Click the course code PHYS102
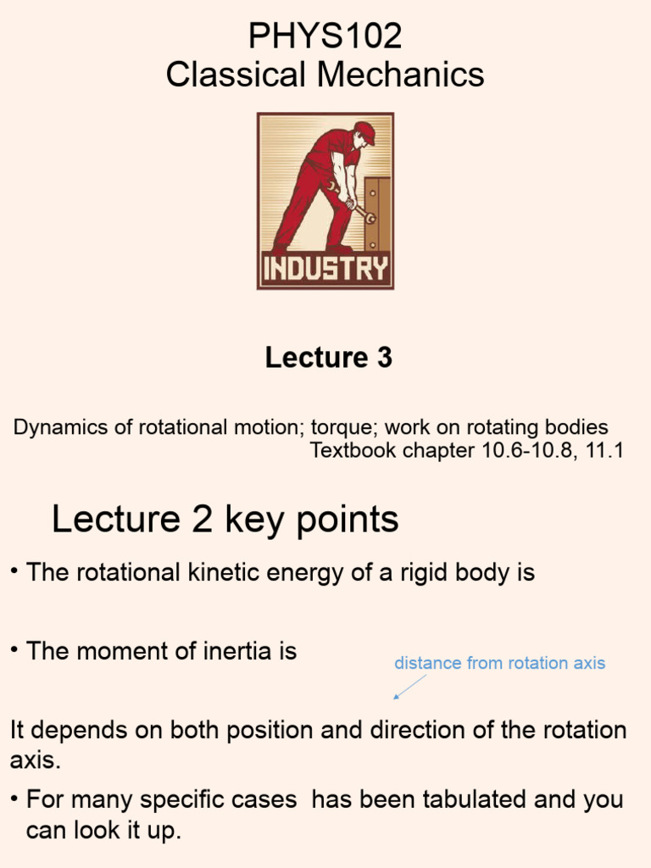pyautogui.click(x=325, y=36)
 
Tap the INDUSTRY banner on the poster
pyautogui.click(x=325, y=270)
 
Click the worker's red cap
pyautogui.click(x=364, y=131)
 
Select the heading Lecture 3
pyautogui.click(x=328, y=358)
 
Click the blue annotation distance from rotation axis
pyautogui.click(x=499, y=663)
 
